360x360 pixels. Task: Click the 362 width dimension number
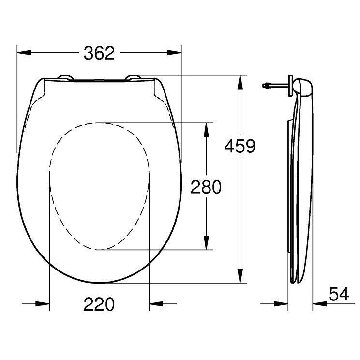(x=99, y=53)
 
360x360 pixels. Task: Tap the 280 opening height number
(x=206, y=187)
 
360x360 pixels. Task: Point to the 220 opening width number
(x=99, y=304)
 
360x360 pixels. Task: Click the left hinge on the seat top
(x=64, y=77)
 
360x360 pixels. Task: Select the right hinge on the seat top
(x=134, y=77)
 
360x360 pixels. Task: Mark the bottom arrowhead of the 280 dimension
(x=207, y=244)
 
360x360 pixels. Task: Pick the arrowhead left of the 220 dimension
(x=45, y=304)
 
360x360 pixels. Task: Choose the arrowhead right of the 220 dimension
(x=154, y=304)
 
